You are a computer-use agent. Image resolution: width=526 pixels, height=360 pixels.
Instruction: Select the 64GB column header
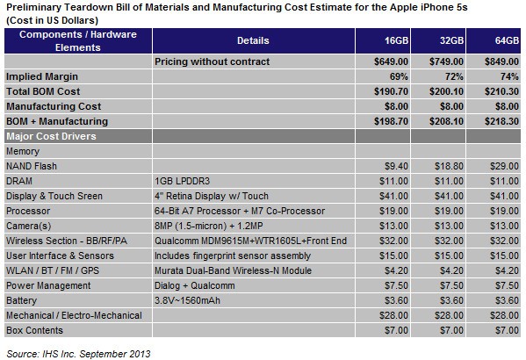click(504, 40)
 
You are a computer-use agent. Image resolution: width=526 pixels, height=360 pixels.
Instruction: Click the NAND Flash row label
click(32, 166)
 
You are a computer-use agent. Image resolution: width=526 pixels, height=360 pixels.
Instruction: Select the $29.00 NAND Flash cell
click(503, 166)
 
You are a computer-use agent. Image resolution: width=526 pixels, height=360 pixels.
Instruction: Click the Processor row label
click(28, 212)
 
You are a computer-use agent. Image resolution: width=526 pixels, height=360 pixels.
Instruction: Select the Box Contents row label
click(35, 331)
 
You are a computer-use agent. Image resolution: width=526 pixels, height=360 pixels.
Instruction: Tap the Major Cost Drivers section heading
click(51, 136)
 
